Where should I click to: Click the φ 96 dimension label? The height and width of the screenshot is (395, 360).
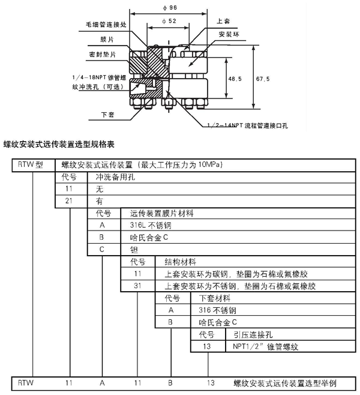pos(169,7)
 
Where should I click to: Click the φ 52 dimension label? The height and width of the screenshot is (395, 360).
pos(169,21)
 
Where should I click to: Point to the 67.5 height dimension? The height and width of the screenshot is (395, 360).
pos(263,79)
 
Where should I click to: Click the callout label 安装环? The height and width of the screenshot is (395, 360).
pos(229,34)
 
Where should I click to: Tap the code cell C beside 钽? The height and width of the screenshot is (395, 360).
pos(103,249)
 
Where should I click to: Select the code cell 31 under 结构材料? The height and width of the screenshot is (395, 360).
pos(137,285)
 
